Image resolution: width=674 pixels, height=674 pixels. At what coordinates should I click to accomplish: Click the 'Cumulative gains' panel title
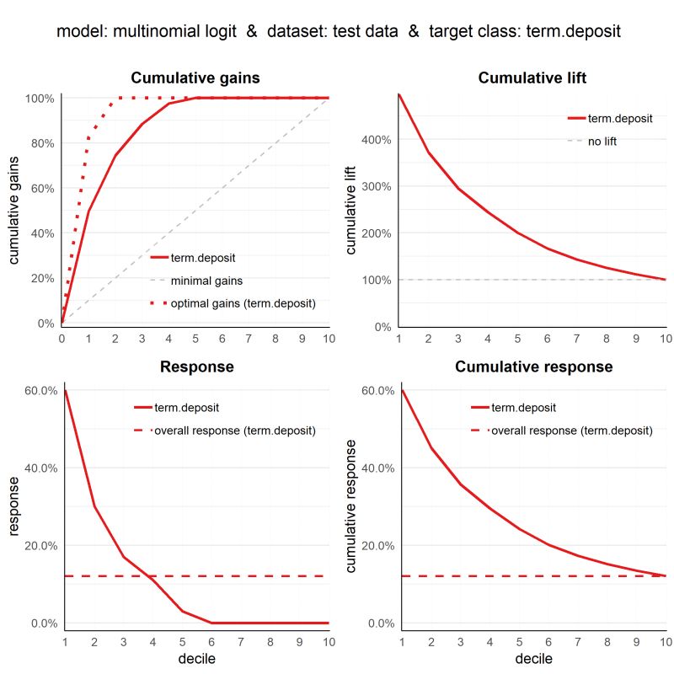point(195,78)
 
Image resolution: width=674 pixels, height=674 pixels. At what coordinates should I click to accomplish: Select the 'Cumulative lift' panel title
point(532,78)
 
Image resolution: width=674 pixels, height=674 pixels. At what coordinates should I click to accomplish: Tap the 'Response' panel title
point(195,367)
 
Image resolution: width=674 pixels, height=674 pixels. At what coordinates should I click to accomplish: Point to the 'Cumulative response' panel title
point(533,367)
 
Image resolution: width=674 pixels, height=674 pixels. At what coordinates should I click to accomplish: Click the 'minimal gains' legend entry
point(206,281)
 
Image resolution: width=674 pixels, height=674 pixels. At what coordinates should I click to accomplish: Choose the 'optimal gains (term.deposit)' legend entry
point(243,302)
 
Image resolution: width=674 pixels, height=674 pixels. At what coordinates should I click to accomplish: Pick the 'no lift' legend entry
point(602,142)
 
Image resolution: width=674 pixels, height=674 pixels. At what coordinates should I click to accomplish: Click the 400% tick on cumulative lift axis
point(377,140)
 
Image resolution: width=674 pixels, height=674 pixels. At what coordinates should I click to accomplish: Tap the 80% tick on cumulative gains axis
point(40,143)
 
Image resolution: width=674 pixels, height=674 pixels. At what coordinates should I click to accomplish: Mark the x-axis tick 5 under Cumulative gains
point(195,339)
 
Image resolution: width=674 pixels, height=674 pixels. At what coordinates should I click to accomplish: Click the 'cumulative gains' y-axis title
point(14,210)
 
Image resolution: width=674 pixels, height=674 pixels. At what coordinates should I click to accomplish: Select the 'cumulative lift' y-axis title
point(351,210)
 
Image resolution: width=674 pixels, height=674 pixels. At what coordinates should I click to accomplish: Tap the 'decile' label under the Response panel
point(195,658)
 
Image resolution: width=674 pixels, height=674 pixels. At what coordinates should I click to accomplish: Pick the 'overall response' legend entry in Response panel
point(234,431)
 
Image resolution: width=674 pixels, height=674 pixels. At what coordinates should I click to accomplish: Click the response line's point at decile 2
point(94,506)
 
